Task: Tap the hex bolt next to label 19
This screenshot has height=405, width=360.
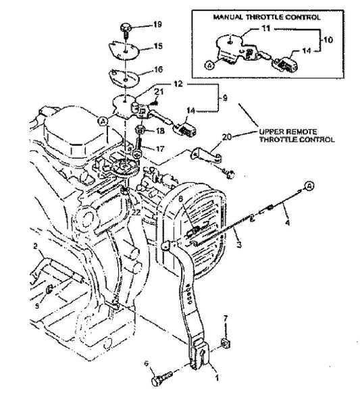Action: (126, 28)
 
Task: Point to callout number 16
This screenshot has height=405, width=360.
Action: (158, 69)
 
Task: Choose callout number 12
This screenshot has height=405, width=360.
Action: (177, 84)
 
